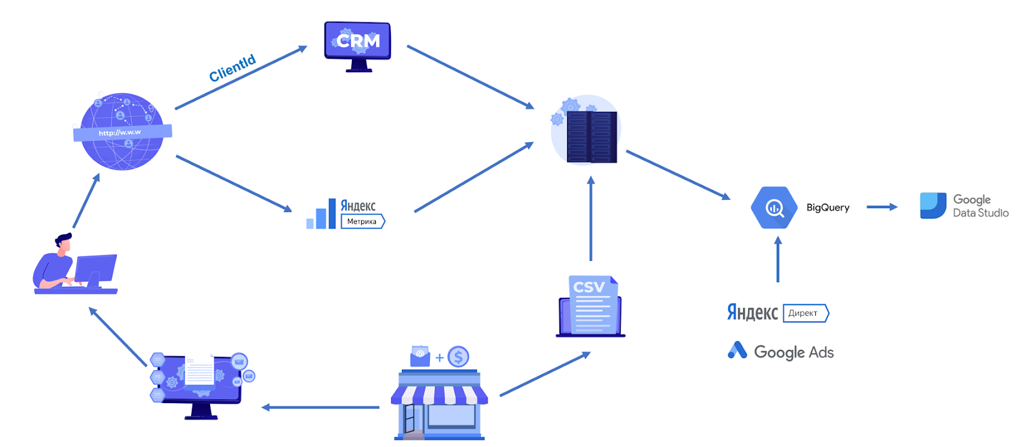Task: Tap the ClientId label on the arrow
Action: (232, 68)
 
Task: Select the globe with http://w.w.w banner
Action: (123, 132)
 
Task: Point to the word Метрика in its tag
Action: (361, 222)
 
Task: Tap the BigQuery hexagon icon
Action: (774, 208)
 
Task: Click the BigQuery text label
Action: (827, 208)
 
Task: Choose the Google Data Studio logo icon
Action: (933, 206)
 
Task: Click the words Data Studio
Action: (980, 213)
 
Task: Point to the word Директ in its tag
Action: (803, 313)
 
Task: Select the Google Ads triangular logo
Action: (737, 350)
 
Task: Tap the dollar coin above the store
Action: (458, 357)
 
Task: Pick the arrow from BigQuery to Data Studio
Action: (881, 207)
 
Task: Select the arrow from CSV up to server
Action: (591, 219)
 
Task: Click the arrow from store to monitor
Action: (321, 407)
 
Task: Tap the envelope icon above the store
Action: (420, 356)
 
